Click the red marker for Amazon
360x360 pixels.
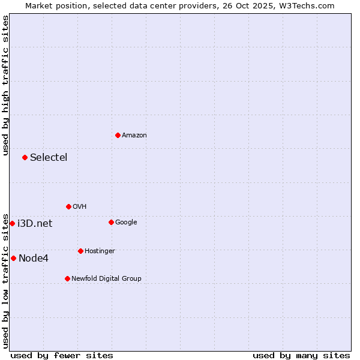tap(118, 135)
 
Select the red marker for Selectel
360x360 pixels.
tap(25, 157)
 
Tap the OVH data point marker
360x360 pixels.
tap(68, 206)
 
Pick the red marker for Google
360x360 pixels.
tap(111, 222)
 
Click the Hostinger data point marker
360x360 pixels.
tap(80, 251)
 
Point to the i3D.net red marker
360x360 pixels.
tap(12, 223)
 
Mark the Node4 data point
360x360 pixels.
tap(13, 258)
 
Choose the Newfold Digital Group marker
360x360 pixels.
tap(67, 278)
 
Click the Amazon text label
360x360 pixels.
tap(134, 136)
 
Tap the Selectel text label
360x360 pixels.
tap(49, 158)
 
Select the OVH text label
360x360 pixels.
tap(80, 207)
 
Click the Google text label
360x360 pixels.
tap(126, 223)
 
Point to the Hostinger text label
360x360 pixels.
tap(100, 251)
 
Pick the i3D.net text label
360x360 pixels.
tap(35, 224)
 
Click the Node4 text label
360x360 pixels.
tap(34, 259)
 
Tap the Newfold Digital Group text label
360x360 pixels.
tap(106, 279)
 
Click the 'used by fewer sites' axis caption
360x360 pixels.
tap(62, 355)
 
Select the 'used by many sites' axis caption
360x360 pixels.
tap(301, 355)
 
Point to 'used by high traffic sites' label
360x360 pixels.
tap(5, 85)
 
